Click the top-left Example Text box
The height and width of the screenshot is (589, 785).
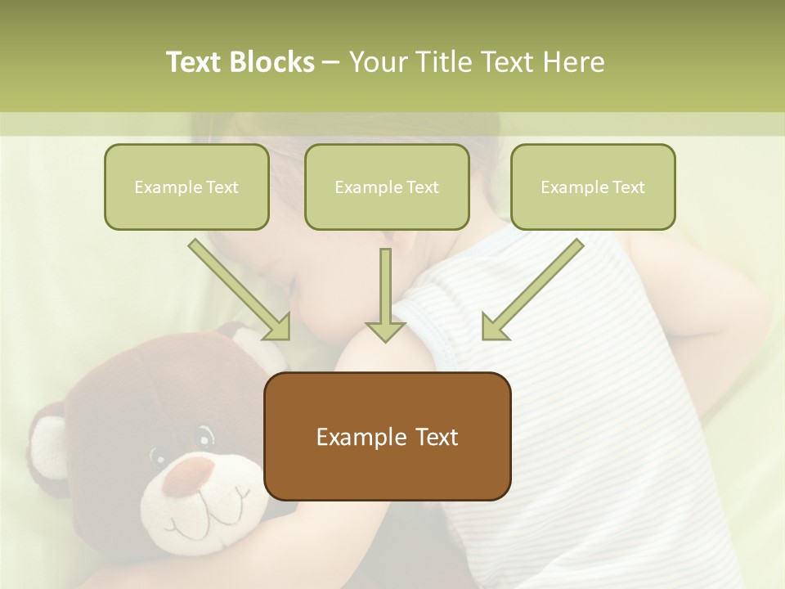(x=186, y=187)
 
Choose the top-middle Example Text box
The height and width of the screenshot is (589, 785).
(x=387, y=187)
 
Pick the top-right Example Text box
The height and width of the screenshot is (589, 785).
(x=593, y=187)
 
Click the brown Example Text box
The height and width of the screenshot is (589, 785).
(x=387, y=436)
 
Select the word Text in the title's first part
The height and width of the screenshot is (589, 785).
(x=197, y=62)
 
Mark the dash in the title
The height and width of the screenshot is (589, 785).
(x=331, y=63)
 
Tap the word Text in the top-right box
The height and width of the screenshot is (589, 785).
(x=628, y=187)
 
